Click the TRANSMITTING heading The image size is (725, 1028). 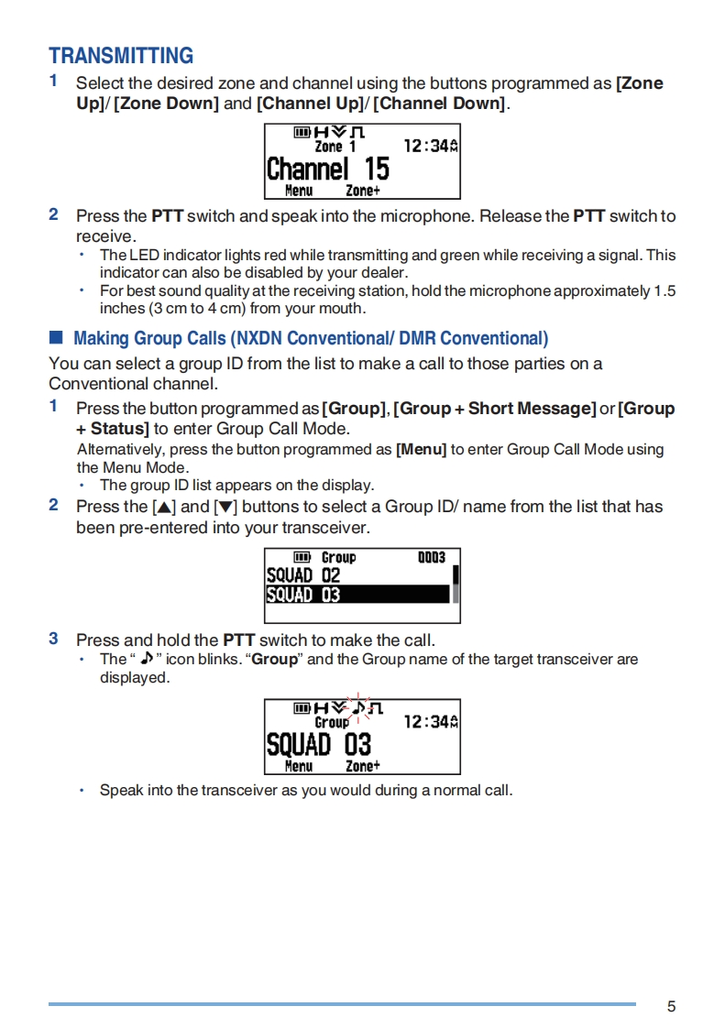click(x=121, y=56)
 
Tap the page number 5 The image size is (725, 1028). click(x=671, y=1007)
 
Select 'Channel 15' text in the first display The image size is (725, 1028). click(x=327, y=170)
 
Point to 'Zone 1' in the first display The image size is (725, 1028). click(x=335, y=147)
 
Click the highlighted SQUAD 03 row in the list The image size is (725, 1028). click(x=357, y=595)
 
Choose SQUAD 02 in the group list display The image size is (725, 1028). click(x=303, y=575)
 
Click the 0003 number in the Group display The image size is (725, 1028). click(x=431, y=557)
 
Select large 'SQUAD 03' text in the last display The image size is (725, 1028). click(x=319, y=743)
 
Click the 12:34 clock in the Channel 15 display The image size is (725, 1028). click(x=426, y=147)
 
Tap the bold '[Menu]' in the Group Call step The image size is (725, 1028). click(x=421, y=450)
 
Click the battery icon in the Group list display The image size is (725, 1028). click(x=302, y=557)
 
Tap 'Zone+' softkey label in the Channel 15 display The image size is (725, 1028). click(x=363, y=191)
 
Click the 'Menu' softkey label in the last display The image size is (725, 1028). click(x=299, y=766)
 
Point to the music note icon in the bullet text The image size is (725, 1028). click(x=145, y=659)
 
